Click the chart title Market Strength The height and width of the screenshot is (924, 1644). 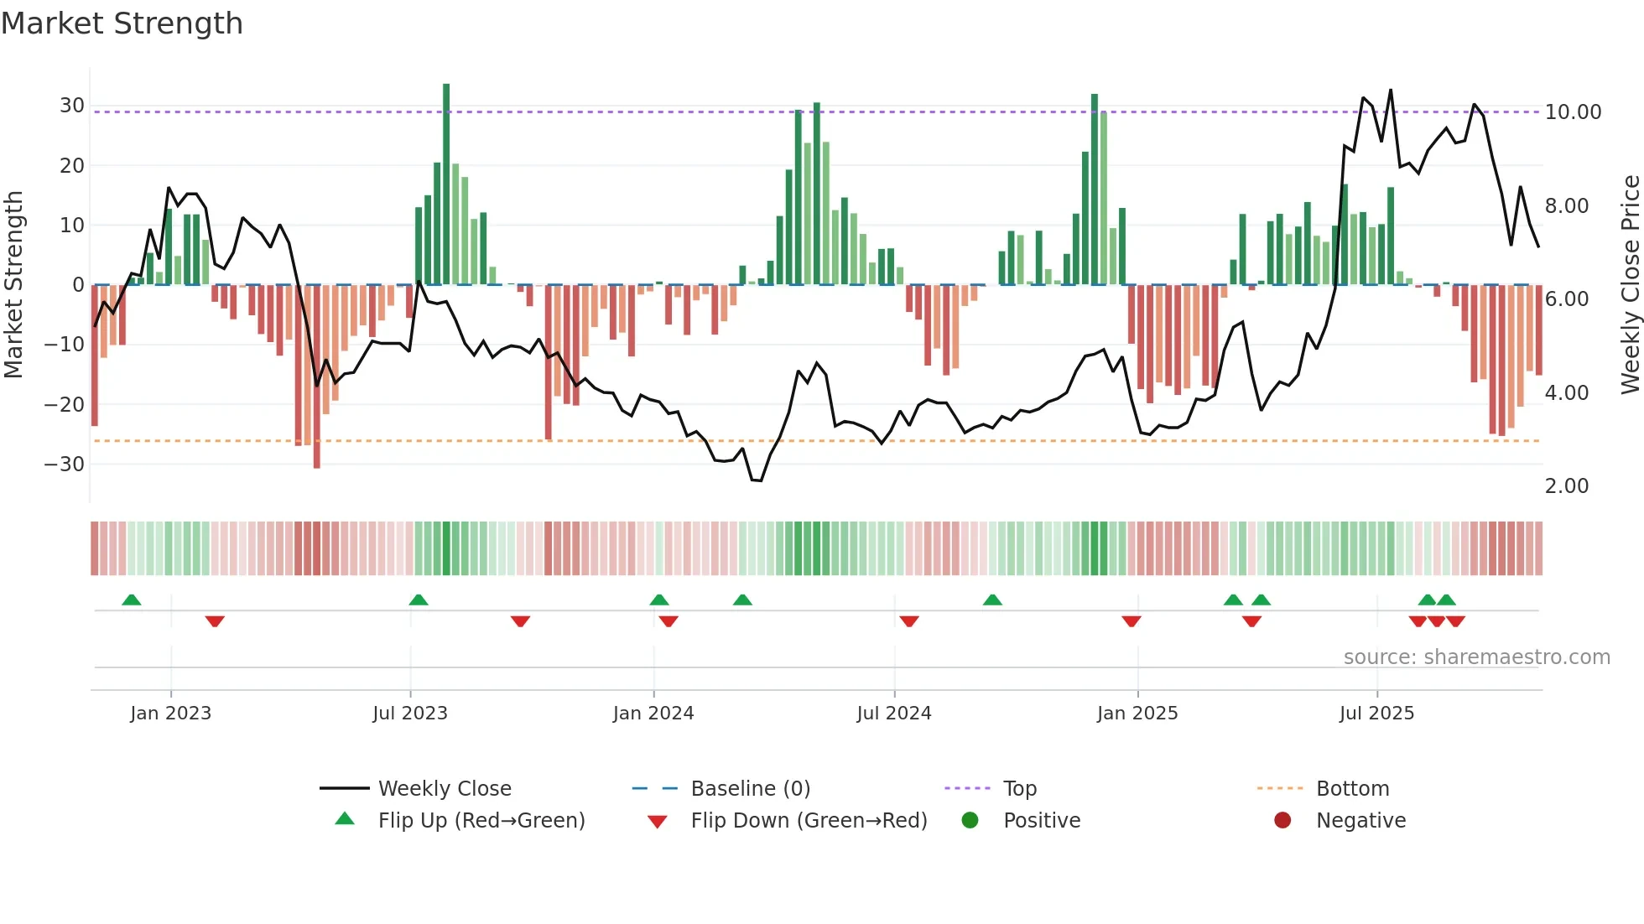pos(122,23)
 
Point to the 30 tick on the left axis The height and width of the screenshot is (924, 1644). pos(72,106)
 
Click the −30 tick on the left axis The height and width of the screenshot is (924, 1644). pos(65,464)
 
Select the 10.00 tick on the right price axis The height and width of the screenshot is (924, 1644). pos(1573,112)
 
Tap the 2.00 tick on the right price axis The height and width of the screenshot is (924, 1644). pos(1566,486)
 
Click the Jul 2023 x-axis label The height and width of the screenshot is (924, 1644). pos(410,714)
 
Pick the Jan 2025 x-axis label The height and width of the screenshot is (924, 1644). pos(1137,714)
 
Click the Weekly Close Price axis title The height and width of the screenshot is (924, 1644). pos(1629,285)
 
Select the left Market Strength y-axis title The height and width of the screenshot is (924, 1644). pos(13,285)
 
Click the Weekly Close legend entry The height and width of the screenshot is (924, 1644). pos(444,789)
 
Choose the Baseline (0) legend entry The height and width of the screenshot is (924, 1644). pos(750,789)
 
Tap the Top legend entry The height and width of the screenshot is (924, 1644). pos(1019,789)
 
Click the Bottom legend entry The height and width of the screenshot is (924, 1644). pos(1352,789)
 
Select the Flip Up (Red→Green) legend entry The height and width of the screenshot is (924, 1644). pos(481,821)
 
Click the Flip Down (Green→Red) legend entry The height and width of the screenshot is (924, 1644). pos(809,821)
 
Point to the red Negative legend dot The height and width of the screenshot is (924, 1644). pos(1282,821)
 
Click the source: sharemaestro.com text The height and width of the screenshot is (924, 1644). pos(1476,657)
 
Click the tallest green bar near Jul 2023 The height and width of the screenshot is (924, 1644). pos(446,184)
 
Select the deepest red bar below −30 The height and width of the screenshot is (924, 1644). pos(317,377)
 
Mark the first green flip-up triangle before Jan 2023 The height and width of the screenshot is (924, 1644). pos(132,600)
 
